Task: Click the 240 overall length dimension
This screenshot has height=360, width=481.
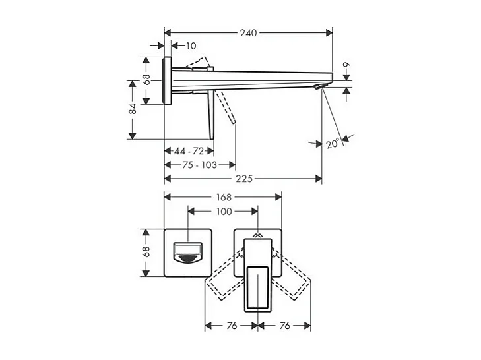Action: pyautogui.click(x=248, y=32)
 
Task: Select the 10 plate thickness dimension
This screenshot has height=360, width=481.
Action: pyautogui.click(x=191, y=45)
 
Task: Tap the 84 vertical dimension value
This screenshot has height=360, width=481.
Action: pyautogui.click(x=133, y=109)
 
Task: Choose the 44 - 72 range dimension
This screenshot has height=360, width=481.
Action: pyautogui.click(x=189, y=152)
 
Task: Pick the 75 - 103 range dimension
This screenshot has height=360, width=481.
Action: pyautogui.click(x=200, y=165)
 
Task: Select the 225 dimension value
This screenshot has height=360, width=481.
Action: pyautogui.click(x=243, y=179)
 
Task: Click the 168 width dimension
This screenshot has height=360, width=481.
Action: pyautogui.click(x=223, y=197)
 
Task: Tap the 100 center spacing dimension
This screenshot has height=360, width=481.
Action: pyautogui.click(x=224, y=211)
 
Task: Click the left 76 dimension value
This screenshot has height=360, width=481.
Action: pyautogui.click(x=232, y=326)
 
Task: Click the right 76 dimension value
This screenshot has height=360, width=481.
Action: pyautogui.click(x=284, y=326)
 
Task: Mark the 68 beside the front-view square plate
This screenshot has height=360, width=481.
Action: pyautogui.click(x=146, y=251)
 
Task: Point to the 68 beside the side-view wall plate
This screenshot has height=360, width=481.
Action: pyautogui.click(x=146, y=78)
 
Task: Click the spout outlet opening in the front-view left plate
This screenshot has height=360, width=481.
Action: pyautogui.click(x=187, y=253)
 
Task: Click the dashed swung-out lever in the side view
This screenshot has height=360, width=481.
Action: pyautogui.click(x=226, y=109)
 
